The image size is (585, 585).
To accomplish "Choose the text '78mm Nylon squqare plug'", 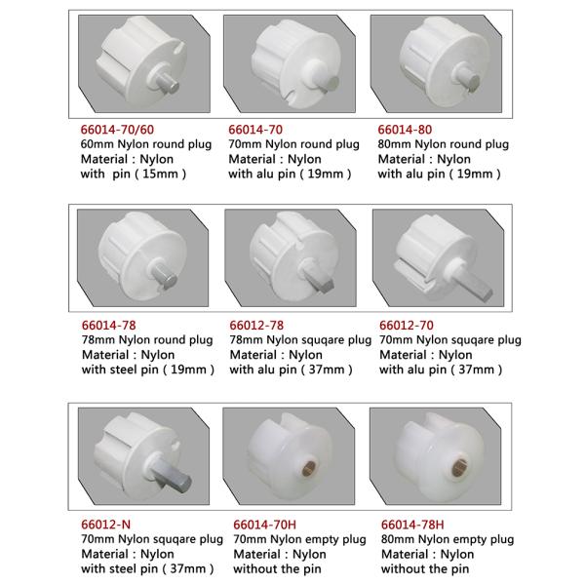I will (300, 340).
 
